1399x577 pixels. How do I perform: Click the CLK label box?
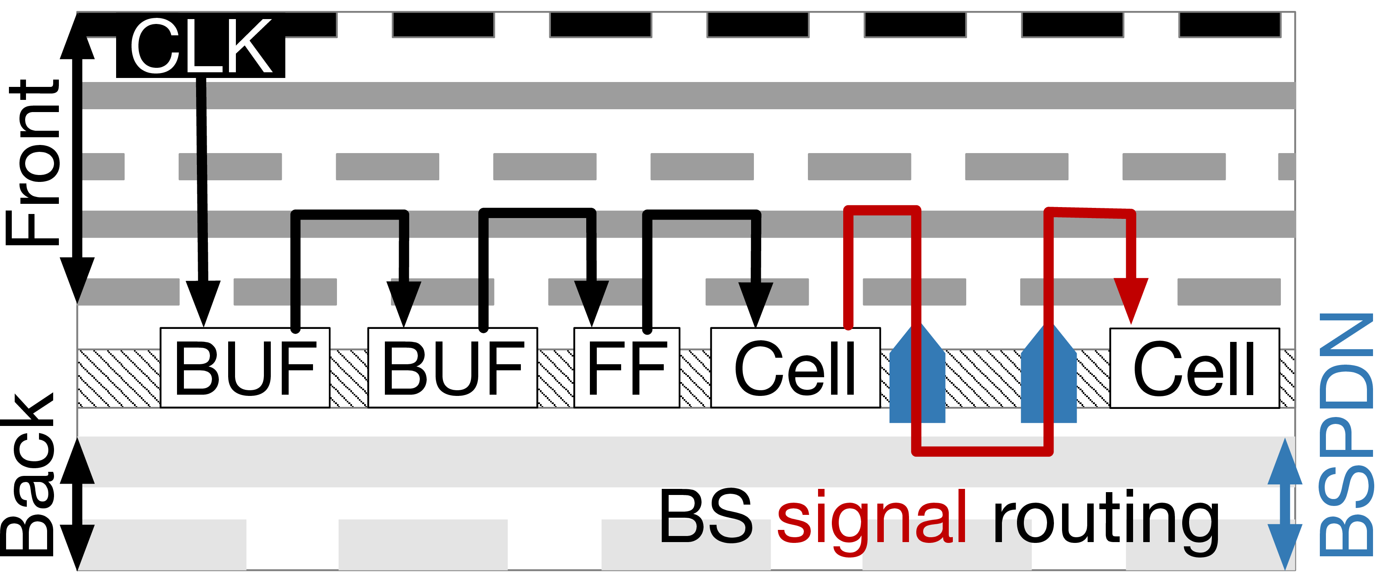[201, 47]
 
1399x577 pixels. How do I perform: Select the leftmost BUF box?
[245, 367]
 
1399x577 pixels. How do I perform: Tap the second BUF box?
[453, 367]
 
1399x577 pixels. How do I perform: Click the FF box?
[627, 367]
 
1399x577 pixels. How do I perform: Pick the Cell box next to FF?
[796, 367]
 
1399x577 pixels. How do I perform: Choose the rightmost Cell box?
[1195, 368]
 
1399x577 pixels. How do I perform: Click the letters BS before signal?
[706, 516]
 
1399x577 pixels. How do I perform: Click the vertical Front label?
[32, 163]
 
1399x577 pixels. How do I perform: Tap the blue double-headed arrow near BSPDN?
[1285, 504]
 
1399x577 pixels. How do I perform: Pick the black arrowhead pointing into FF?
[592, 304]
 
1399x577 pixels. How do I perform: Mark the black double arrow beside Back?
[77, 504]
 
